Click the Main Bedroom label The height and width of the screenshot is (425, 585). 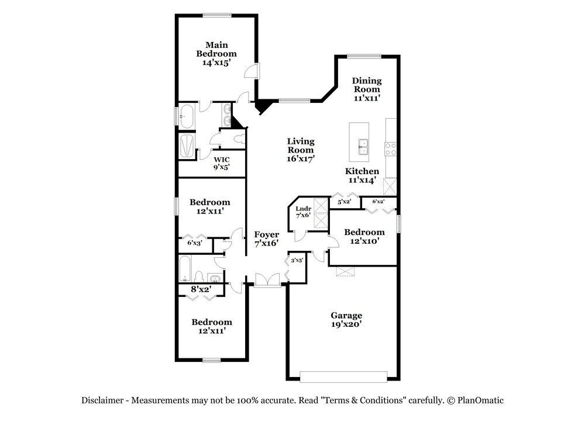[x=216, y=53]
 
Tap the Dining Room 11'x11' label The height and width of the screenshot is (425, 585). [x=367, y=89]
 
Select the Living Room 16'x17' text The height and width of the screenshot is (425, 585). [x=301, y=150]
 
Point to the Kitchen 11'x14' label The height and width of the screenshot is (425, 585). [x=362, y=175]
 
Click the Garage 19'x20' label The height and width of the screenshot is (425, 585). [x=346, y=320]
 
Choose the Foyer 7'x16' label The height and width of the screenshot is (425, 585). [x=266, y=239]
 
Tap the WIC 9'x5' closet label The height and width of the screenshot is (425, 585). [x=221, y=163]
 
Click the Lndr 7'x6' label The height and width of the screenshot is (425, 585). [x=302, y=212]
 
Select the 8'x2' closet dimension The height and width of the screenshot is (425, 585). [x=201, y=289]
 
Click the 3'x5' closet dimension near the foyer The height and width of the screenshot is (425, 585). [x=297, y=260]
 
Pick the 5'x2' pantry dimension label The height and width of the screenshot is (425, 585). [x=344, y=202]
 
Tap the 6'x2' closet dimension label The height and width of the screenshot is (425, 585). [x=378, y=202]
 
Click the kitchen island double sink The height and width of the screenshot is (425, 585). [x=363, y=146]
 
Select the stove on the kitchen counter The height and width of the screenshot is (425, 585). [x=390, y=148]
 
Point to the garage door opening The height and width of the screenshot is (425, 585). [x=343, y=375]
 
